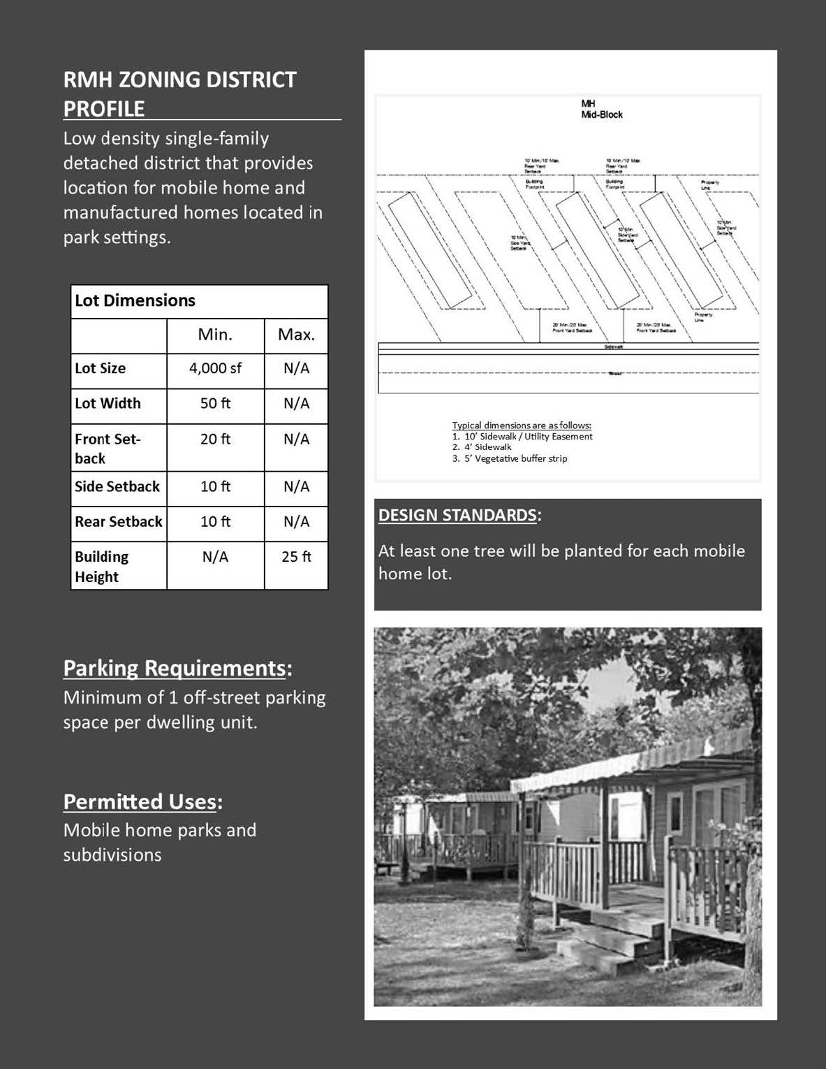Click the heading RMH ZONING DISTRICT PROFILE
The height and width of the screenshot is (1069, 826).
coord(180,94)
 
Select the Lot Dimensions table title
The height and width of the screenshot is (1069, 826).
coord(135,300)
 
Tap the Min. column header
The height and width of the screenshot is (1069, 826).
coord(215,335)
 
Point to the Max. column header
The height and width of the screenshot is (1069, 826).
coord(296,335)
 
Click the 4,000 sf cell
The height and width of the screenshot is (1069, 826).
coord(215,368)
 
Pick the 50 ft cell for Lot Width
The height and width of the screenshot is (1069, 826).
coord(215,403)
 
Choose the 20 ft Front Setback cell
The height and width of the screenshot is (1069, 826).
coord(215,439)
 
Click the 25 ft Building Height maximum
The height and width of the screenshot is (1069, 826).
coord(296,557)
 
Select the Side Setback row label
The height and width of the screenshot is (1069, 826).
coord(117,486)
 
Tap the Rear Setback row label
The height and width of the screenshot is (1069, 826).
coord(119,521)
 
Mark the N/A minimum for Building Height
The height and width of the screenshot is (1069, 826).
coord(215,557)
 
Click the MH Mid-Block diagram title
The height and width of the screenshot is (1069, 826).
coord(601,110)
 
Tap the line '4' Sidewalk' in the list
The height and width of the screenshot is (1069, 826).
coord(487,447)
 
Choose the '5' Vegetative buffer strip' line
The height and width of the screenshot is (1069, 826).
coord(515,458)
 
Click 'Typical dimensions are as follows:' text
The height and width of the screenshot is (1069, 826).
coord(522,425)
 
